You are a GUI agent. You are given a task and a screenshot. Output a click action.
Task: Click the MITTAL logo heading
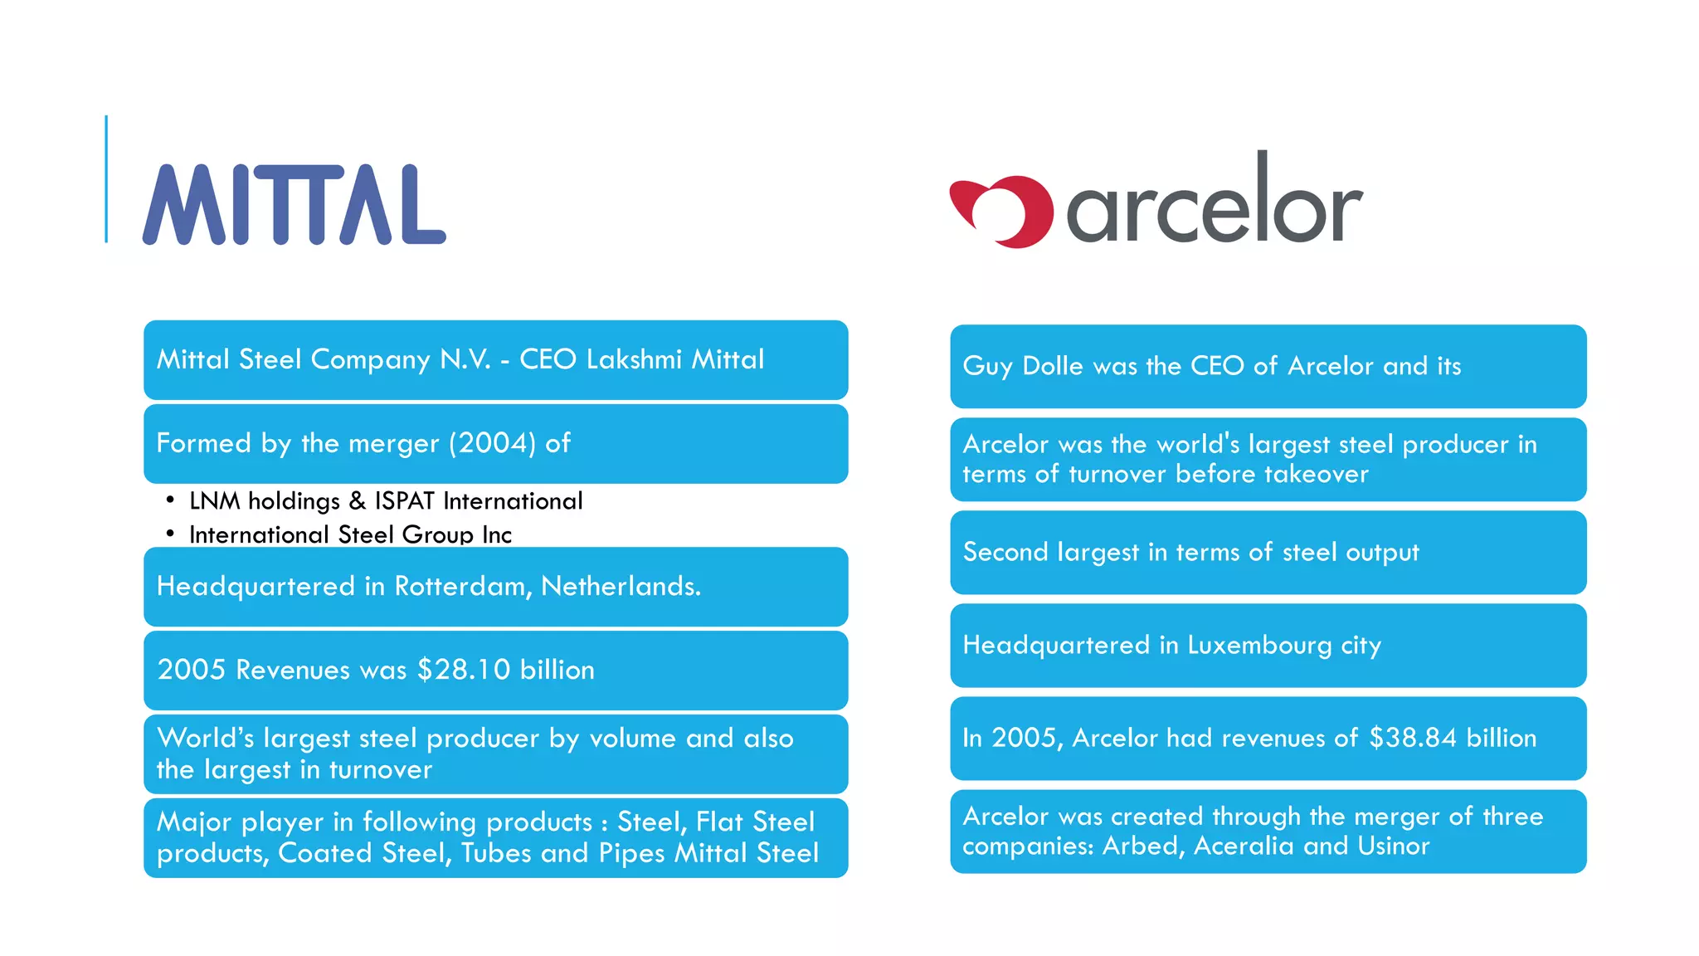pos(294,205)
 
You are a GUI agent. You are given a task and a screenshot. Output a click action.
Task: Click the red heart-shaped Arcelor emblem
pos(1002,211)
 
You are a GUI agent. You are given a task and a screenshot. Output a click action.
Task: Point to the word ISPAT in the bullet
pos(404,501)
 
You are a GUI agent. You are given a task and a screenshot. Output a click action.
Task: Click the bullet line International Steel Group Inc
pos(350,534)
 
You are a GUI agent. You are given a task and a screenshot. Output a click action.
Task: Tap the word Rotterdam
pos(462,587)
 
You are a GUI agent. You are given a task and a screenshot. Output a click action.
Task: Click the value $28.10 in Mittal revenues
pos(463,670)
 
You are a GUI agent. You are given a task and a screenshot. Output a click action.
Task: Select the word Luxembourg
pos(1258,645)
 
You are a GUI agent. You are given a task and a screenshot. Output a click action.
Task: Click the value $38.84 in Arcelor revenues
pos(1412,738)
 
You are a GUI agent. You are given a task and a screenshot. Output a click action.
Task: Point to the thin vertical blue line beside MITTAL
pos(106,178)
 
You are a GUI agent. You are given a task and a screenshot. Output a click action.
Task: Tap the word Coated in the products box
pos(324,853)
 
